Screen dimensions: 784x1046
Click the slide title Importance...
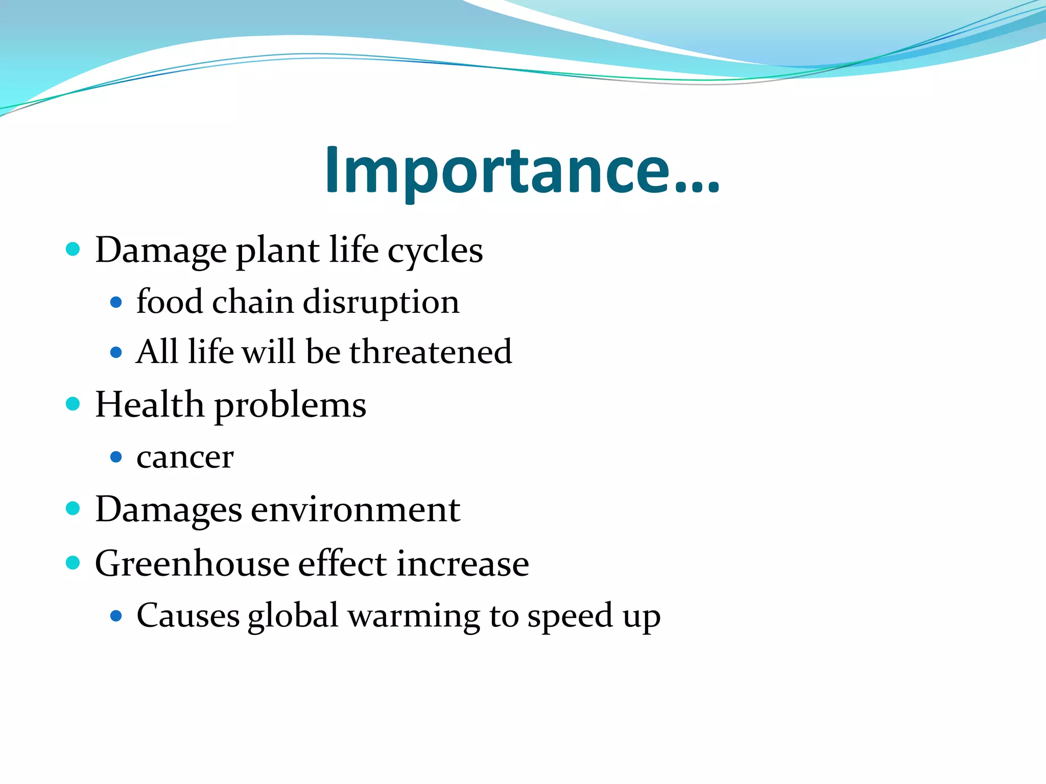click(522, 170)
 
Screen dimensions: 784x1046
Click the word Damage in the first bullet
click(161, 251)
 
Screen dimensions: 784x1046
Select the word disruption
click(381, 302)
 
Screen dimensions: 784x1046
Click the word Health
click(149, 405)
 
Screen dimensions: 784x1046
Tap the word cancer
click(185, 457)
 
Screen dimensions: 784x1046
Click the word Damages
click(169, 510)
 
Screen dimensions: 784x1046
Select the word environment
click(355, 510)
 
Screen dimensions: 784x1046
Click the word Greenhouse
click(192, 563)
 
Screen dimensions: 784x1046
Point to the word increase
click(463, 564)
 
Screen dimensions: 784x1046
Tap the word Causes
click(188, 616)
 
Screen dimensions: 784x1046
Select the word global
click(293, 616)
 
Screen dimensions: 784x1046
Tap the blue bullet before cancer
click(116, 456)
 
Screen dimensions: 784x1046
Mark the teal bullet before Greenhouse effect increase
click(74, 562)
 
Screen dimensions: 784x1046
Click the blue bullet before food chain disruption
click(116, 303)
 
